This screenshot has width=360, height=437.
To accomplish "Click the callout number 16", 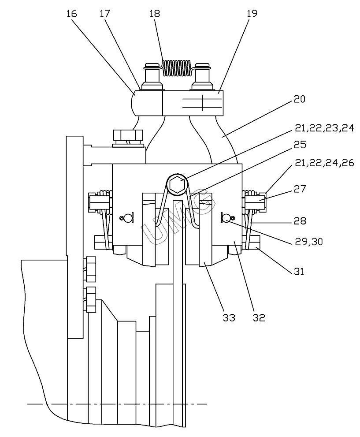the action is coord(71,14).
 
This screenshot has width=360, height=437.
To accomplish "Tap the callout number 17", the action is coord(105,14).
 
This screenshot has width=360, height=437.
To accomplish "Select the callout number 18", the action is coord(155,14).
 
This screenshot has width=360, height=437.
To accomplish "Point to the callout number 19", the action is coord(252,14).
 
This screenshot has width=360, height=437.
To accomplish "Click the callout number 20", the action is coord(300,99).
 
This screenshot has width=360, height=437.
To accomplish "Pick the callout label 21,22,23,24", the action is coord(324,128).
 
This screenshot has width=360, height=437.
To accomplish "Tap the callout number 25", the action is coord(300,144).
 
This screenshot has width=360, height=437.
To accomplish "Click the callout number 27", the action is coord(300,189).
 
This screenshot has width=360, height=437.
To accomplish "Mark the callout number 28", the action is coord(300,221).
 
